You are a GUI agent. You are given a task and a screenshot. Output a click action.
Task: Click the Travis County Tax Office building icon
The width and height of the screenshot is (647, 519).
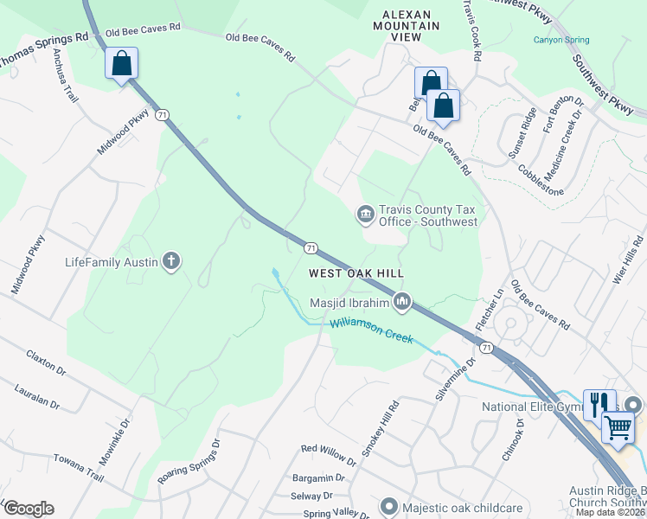click(365, 214)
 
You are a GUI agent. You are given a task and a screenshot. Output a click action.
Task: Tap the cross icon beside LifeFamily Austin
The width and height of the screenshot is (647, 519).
click(171, 260)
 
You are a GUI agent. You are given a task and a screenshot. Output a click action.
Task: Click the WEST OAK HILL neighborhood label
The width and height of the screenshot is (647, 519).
click(356, 272)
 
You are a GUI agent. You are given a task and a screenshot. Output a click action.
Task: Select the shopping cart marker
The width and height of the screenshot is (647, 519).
click(618, 426)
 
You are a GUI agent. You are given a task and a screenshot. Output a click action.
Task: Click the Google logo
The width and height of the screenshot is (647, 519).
click(29, 508)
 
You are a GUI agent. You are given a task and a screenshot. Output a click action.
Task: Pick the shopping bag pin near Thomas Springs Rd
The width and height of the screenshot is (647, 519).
click(121, 64)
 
